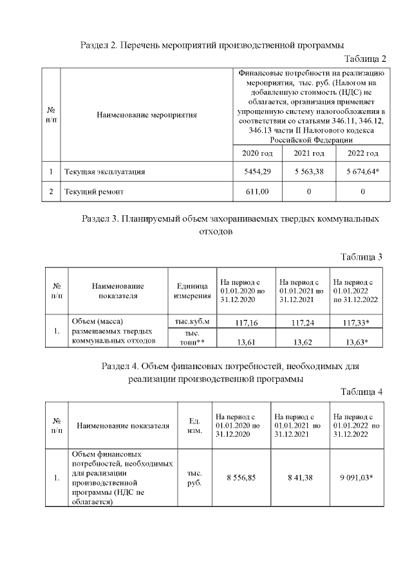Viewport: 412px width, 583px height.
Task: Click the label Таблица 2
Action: click(365, 59)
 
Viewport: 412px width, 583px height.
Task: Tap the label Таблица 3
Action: click(362, 257)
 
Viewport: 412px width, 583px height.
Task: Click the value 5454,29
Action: click(257, 172)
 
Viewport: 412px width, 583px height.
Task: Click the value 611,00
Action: click(257, 192)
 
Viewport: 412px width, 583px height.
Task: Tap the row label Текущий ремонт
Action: click(94, 192)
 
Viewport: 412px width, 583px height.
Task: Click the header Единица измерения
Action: click(192, 291)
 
